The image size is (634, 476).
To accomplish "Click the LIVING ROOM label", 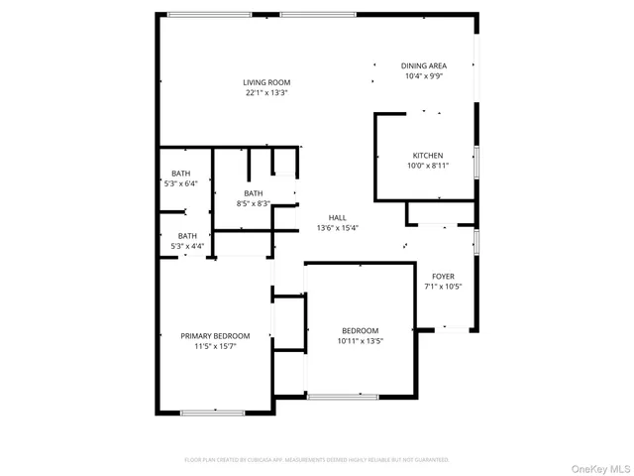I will tap(267, 82).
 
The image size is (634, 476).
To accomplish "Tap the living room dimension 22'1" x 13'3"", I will tap(267, 93).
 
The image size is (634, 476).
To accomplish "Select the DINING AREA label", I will tap(424, 65).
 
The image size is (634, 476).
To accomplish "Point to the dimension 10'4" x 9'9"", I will tap(424, 76).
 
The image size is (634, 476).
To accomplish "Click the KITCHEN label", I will tap(428, 155).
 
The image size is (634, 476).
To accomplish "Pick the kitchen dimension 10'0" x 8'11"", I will tap(428, 166).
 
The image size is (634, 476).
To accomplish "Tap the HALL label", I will tap(338, 217).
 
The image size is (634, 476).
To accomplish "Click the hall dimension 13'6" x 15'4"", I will tap(338, 228).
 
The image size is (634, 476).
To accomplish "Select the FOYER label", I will tap(443, 276).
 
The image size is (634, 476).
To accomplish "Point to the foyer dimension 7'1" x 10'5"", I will tap(443, 287).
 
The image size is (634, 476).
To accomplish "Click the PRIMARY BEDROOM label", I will tap(215, 336).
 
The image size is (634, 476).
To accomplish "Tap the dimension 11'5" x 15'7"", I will tap(215, 347).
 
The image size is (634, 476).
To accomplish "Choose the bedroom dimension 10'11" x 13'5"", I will tap(361, 341).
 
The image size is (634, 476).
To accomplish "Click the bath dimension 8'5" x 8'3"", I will tap(254, 203).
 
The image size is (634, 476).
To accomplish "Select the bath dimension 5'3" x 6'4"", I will tap(180, 183).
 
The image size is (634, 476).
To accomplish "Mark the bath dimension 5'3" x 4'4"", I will tap(187, 246).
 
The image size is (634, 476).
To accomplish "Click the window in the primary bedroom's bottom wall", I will tap(212, 412).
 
